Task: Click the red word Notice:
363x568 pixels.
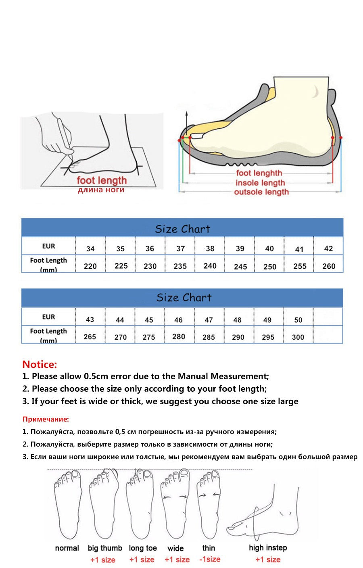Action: (x=40, y=364)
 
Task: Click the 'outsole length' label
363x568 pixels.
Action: (x=261, y=192)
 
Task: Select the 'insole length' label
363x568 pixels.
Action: (x=260, y=183)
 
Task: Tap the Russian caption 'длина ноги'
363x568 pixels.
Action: (x=101, y=190)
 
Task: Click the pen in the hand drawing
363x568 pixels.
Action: (x=65, y=138)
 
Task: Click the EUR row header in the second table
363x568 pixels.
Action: (x=48, y=317)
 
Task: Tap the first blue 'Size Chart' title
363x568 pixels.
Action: (x=183, y=229)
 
